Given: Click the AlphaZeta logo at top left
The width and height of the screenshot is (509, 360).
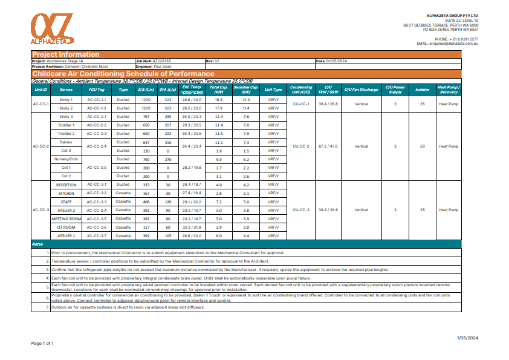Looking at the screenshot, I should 51,28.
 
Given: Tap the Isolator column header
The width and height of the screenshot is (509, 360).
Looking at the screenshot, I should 421,90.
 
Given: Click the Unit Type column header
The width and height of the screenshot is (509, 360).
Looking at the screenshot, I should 273,90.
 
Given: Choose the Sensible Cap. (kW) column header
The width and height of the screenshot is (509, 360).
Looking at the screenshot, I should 246,90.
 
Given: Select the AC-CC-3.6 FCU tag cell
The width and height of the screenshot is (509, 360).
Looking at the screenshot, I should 97,227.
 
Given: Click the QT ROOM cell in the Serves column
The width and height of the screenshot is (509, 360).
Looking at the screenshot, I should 66,227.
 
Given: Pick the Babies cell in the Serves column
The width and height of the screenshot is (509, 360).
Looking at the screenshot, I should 66,142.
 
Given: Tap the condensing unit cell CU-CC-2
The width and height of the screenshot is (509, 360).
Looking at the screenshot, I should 300,146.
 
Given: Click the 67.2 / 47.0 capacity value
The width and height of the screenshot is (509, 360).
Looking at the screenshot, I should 328,146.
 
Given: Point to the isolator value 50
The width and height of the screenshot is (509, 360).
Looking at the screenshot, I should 421,146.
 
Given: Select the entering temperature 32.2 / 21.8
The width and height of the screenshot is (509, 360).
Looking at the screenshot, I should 192,227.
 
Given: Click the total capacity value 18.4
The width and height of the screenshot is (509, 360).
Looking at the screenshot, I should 219,100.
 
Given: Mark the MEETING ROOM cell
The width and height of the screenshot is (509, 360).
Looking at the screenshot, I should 66,218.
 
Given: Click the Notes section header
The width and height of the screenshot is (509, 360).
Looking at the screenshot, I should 37,244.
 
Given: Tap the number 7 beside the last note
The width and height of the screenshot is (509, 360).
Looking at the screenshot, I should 48,307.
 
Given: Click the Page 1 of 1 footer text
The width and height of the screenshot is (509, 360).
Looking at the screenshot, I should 42,343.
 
